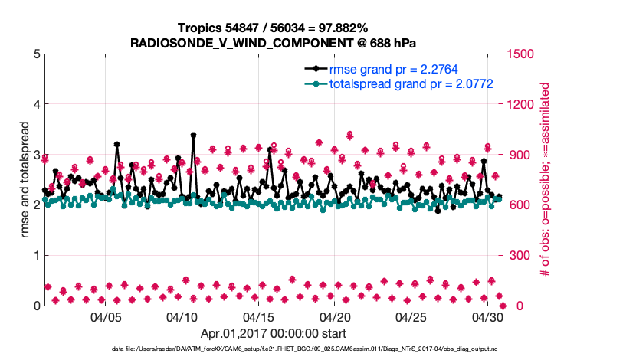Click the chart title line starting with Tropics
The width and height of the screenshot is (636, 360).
(273, 28)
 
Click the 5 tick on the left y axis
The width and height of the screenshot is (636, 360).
(36, 54)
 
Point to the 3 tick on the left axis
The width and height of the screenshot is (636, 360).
(36, 155)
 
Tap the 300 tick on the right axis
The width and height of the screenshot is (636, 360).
(516, 256)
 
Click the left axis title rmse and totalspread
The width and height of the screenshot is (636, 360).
(25, 180)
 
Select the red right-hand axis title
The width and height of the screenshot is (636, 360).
(546, 180)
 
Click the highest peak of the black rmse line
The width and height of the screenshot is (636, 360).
(193, 135)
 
